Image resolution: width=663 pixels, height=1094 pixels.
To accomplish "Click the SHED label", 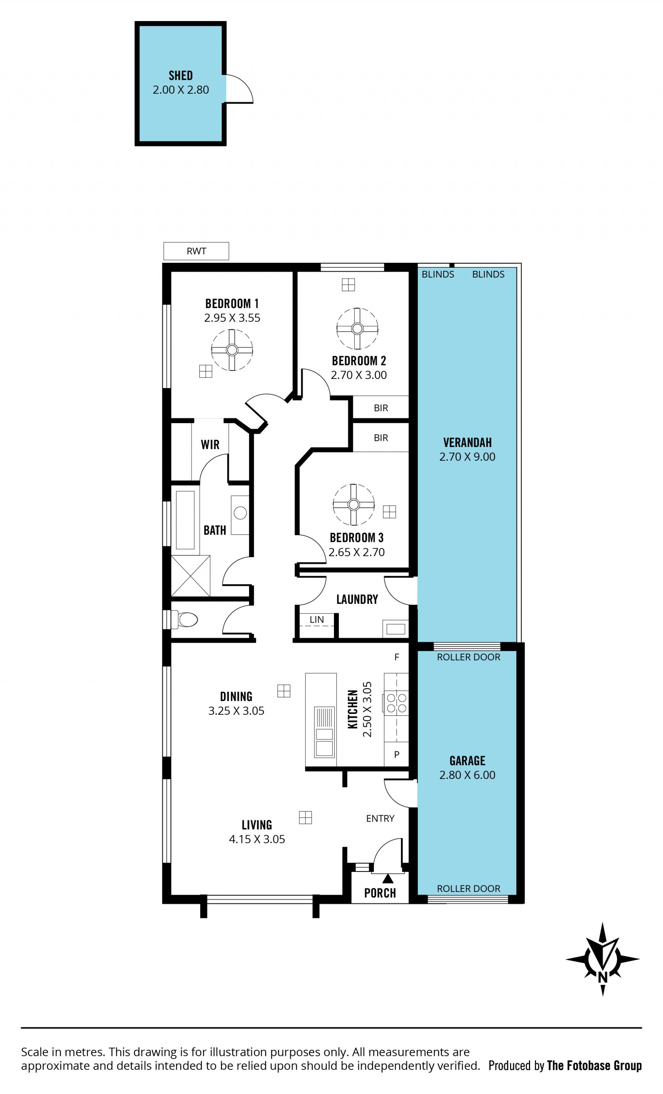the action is pyautogui.click(x=181, y=76).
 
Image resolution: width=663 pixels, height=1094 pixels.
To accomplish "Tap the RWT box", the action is pyautogui.click(x=196, y=251).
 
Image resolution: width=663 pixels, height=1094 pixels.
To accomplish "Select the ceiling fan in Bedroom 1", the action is pyautogui.click(x=232, y=350).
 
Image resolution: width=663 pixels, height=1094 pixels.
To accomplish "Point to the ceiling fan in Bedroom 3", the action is pyautogui.click(x=353, y=504).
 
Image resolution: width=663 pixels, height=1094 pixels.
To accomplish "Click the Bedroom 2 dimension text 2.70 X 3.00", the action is pyautogui.click(x=358, y=375).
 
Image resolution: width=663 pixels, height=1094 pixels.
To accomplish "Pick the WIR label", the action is pyautogui.click(x=210, y=445).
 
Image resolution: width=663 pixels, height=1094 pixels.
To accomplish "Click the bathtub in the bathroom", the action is pyautogui.click(x=185, y=520).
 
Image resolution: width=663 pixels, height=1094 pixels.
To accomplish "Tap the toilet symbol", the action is pyautogui.click(x=185, y=619).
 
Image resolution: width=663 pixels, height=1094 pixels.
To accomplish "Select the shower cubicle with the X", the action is pyautogui.click(x=190, y=575).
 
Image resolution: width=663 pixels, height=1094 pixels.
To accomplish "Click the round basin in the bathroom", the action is pyautogui.click(x=240, y=513).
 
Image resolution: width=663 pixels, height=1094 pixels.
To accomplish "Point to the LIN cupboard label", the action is pyautogui.click(x=316, y=619).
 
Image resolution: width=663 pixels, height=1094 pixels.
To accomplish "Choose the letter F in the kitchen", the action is pyautogui.click(x=397, y=657).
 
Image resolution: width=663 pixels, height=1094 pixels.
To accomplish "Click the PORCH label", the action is pyautogui.click(x=380, y=893).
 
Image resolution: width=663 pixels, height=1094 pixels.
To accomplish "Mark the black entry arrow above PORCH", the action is pyautogui.click(x=388, y=878).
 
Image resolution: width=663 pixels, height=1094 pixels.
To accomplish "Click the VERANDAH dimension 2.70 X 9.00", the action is pyautogui.click(x=467, y=457).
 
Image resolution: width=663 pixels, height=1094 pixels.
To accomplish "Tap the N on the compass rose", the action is pyautogui.click(x=602, y=977).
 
